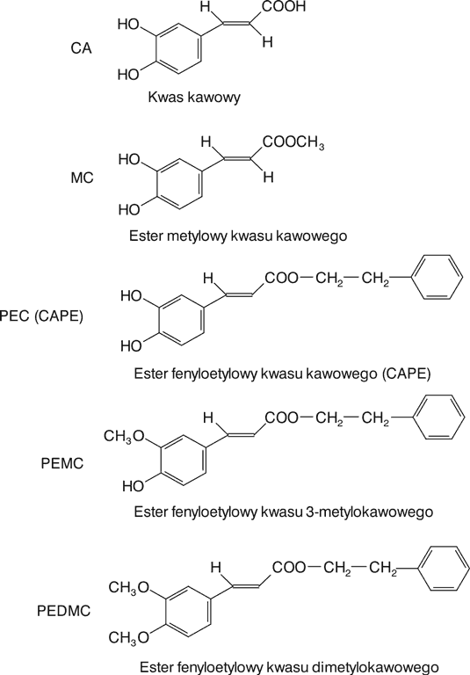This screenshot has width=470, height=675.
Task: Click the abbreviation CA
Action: coord(82,47)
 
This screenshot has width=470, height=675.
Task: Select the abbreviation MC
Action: coord(82,178)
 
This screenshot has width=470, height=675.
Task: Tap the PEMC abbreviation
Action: coord(62,463)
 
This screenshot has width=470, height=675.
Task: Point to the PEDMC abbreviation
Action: coord(64,611)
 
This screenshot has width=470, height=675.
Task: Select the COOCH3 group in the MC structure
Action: coord(293,142)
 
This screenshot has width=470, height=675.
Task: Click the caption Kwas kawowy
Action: coord(194,97)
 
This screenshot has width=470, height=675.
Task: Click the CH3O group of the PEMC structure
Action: coord(125,437)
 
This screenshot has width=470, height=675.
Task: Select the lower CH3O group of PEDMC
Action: coord(128,637)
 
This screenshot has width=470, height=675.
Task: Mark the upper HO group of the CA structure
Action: coord(128,25)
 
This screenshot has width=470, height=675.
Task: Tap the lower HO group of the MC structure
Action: coord(129,210)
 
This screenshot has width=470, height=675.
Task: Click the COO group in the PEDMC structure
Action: coord(289,568)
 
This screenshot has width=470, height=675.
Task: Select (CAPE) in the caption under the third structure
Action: coord(406,374)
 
